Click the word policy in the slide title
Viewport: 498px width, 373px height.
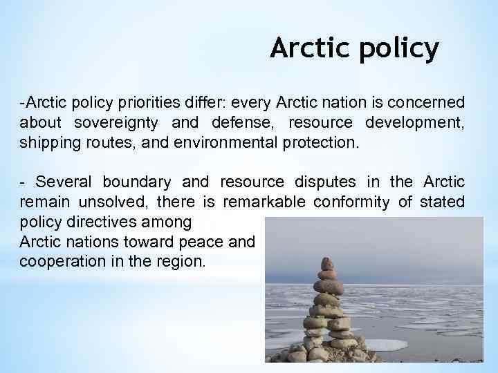pyautogui.click(x=401, y=48)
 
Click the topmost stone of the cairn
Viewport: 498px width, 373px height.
pyautogui.click(x=327, y=263)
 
